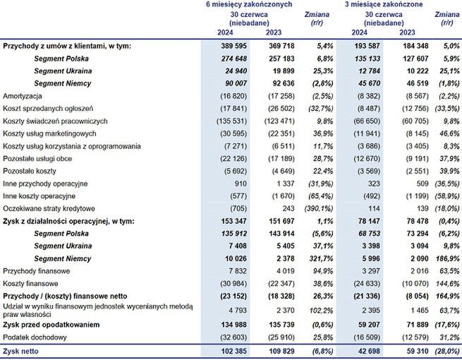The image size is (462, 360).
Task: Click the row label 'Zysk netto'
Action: [21, 351]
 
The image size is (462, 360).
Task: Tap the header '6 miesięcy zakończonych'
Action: [250, 5]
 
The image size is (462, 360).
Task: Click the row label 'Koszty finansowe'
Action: [31, 282]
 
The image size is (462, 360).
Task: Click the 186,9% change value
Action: [446, 258]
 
